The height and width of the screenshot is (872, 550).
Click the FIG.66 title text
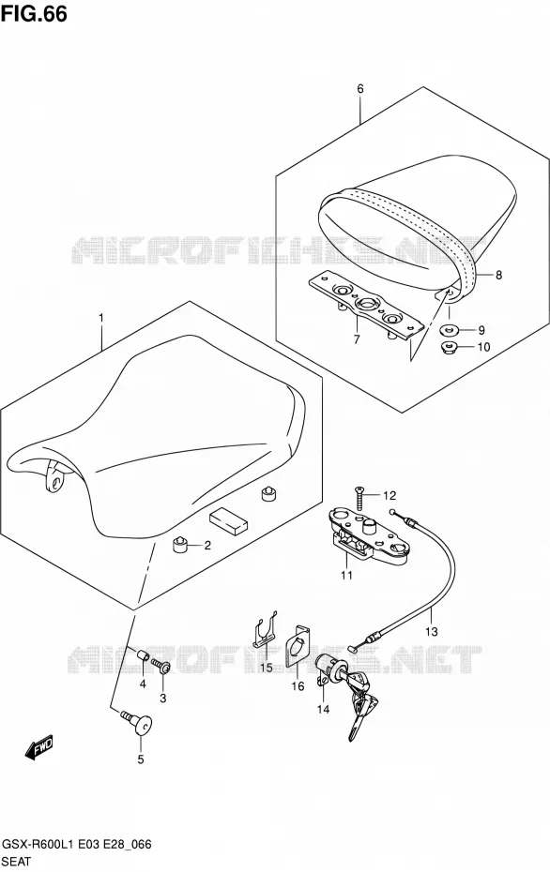(x=34, y=13)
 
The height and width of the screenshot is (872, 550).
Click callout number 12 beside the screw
(x=390, y=495)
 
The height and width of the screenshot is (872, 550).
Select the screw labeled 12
(x=359, y=498)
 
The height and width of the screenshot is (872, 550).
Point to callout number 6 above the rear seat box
(x=360, y=88)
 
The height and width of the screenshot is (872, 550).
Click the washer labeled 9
(x=449, y=330)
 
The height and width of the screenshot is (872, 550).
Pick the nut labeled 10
(x=448, y=349)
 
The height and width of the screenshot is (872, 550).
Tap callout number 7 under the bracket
(x=357, y=338)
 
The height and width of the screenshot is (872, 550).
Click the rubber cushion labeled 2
(x=180, y=545)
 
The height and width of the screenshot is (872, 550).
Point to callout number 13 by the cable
(x=432, y=631)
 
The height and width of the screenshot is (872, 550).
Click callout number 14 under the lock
(x=323, y=709)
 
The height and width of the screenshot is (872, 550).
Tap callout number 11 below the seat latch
(x=347, y=576)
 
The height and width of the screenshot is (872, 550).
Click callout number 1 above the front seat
(x=101, y=318)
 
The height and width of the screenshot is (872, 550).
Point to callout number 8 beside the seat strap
(x=498, y=274)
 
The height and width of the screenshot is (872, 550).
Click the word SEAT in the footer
(x=16, y=862)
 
